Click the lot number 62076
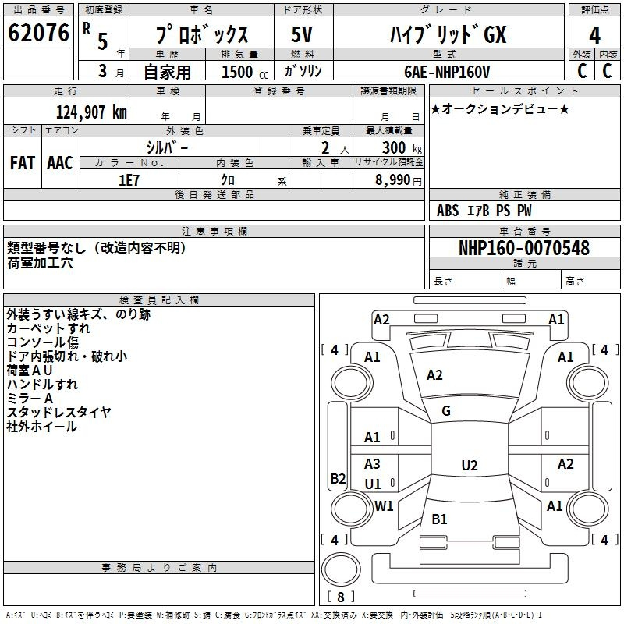click(x=38, y=34)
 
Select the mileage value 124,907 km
click(x=91, y=112)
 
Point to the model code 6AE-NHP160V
click(x=447, y=71)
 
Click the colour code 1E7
click(x=129, y=179)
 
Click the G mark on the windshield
click(x=446, y=411)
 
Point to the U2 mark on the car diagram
click(x=469, y=466)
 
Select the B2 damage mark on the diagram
click(x=338, y=479)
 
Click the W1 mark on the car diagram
click(x=384, y=505)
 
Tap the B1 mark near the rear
click(x=439, y=519)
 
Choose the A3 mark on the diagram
click(x=373, y=464)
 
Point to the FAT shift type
click(x=22, y=163)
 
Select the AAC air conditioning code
click(x=59, y=163)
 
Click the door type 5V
click(x=301, y=34)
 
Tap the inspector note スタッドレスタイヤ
click(x=58, y=413)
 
